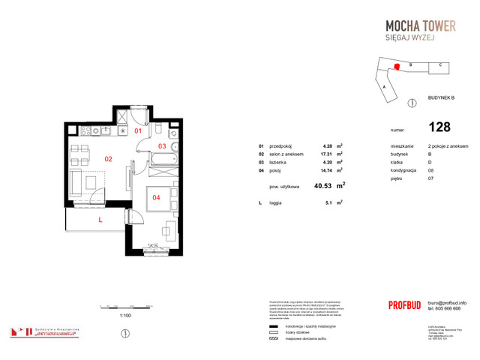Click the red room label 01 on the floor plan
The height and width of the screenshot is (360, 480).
click(137, 130)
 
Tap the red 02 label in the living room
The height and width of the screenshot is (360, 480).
click(108, 159)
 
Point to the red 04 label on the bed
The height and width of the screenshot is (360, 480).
click(156, 198)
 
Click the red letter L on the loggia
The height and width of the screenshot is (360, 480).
click(99, 220)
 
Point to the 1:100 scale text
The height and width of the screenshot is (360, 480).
click(125, 316)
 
